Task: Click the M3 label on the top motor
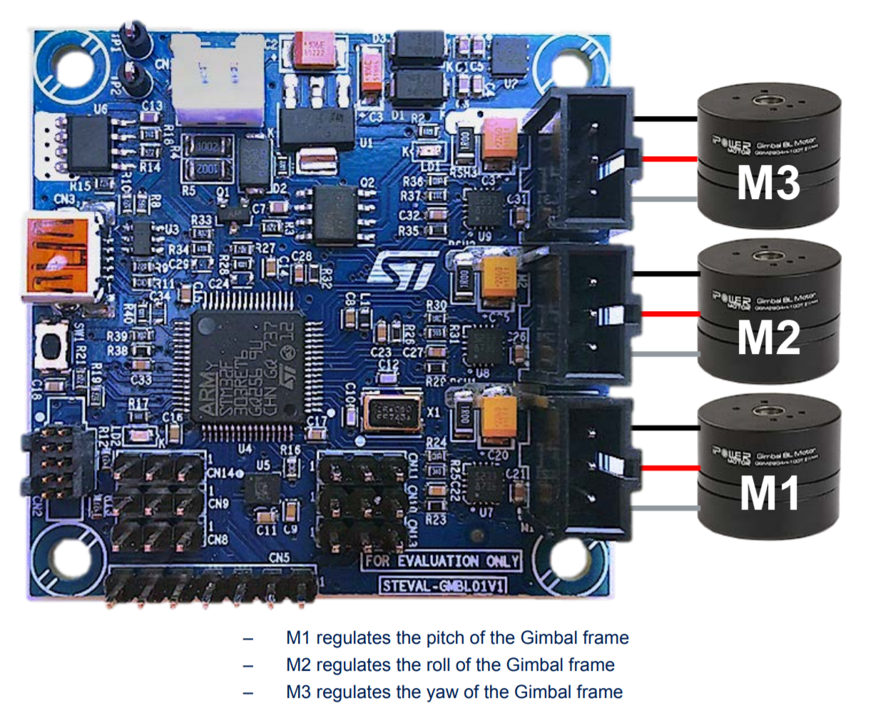click(768, 183)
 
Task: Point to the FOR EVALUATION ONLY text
click(441, 562)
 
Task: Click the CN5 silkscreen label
click(279, 557)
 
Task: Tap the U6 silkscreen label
click(101, 108)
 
